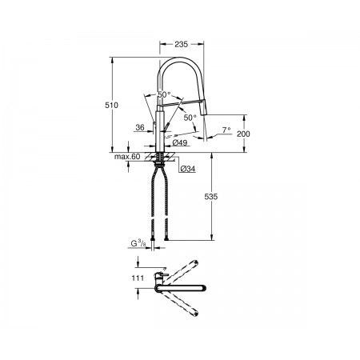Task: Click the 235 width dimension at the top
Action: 182,44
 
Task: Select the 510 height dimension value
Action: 111,106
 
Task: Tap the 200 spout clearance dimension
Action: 243,134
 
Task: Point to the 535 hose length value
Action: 211,197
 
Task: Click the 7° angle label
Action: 226,130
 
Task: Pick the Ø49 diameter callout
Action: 180,143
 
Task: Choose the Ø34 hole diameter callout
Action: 188,169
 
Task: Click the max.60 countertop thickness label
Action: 127,157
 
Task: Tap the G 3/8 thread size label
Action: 138,243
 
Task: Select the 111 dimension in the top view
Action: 138,278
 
